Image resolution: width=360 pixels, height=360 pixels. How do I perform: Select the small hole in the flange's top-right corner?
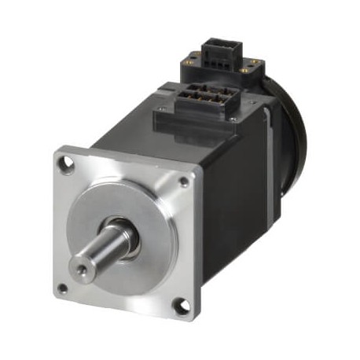(184, 182)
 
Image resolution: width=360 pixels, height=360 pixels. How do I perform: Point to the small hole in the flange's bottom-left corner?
(62, 288)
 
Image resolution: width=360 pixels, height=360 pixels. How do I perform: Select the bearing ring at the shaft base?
(126, 230)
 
